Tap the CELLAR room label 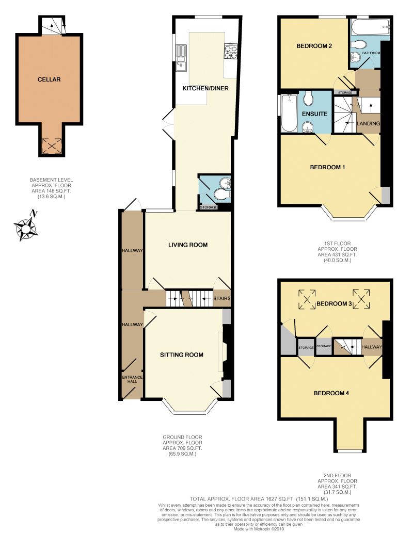click(49, 79)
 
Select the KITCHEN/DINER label click(205, 88)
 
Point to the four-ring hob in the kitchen click(230, 52)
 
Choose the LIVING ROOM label click(188, 245)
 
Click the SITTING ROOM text click(181, 354)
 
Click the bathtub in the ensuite click(288, 113)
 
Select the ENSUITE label click(314, 113)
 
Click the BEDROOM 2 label click(314, 46)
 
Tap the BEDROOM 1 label click(327, 167)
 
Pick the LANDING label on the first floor click(368, 124)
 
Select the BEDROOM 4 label click(331, 393)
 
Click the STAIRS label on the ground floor click(221, 298)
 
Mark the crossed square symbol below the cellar click(51, 146)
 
